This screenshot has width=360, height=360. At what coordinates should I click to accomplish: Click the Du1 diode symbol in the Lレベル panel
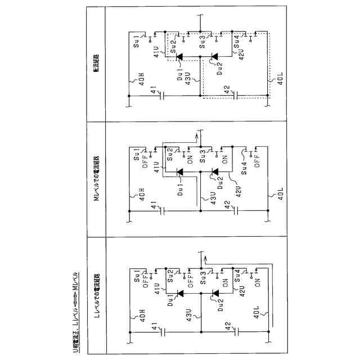point(180,292)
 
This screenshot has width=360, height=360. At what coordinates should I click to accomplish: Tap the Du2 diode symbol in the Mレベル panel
point(214,171)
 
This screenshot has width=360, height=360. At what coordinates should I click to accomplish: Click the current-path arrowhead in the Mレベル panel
point(197,136)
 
